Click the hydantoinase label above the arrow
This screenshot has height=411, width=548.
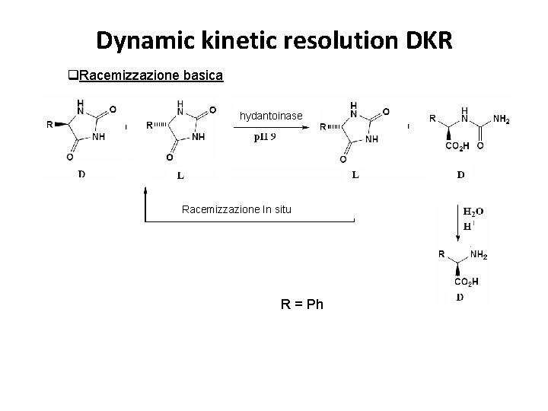pos(271,115)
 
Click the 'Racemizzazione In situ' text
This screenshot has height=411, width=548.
pos(237,209)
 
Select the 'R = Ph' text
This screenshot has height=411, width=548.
pos(302,304)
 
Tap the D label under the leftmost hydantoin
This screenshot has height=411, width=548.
pos(81,174)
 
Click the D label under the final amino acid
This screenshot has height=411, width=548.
pos(460,297)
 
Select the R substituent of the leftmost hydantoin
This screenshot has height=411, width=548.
pos(49,125)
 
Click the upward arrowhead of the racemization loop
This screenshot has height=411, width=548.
pos(145,193)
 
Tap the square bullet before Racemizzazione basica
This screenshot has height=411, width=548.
pos(74,75)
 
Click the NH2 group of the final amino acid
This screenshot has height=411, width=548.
pos(479,255)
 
